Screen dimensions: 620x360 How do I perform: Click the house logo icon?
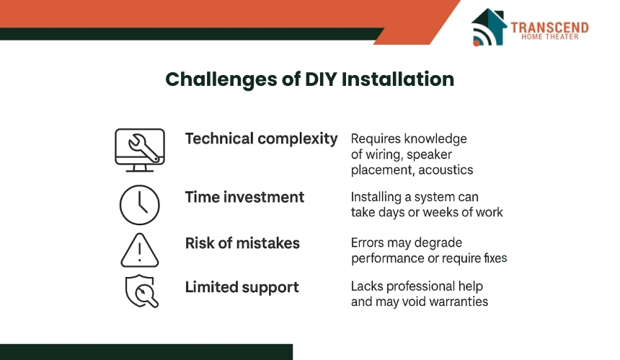[489, 27]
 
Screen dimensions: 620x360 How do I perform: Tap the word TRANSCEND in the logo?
[549, 27]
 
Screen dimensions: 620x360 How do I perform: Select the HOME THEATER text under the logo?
[549, 37]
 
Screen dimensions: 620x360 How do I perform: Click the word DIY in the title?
[321, 79]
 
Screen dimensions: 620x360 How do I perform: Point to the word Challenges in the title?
[221, 79]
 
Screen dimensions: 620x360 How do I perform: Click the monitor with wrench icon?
[140, 150]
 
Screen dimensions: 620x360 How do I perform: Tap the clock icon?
[140, 205]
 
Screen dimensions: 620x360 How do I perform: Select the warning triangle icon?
[140, 250]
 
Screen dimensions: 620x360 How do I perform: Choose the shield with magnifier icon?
[141, 291]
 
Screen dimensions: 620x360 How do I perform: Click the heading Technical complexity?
[262, 139]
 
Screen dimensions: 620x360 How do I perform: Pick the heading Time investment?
[245, 197]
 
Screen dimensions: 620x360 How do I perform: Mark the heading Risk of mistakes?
[242, 243]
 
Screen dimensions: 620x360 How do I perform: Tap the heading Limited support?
[242, 288]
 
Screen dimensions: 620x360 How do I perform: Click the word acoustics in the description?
[446, 170]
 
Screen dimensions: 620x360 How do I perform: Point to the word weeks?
[441, 212]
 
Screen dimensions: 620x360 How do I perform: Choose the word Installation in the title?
[398, 79]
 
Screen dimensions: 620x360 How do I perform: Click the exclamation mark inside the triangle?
[140, 252]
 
